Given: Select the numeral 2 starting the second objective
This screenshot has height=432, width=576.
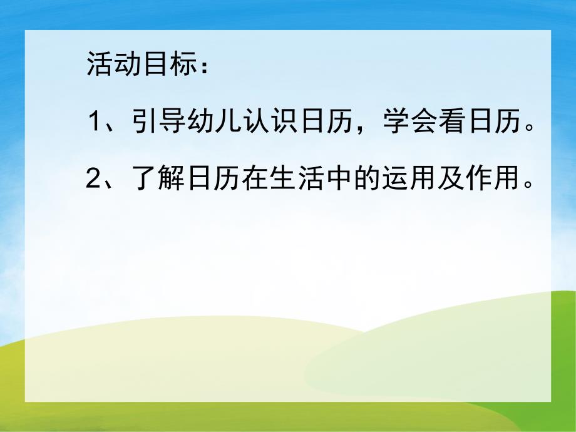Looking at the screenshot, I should click(x=94, y=180).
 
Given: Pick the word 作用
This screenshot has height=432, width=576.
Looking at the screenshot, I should click(x=480, y=180).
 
